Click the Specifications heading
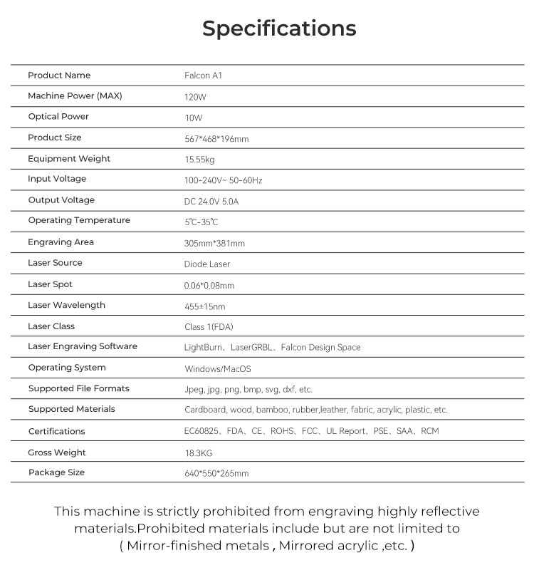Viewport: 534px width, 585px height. click(x=279, y=29)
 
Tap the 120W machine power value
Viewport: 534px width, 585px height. click(x=195, y=97)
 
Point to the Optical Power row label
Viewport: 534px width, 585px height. click(x=58, y=117)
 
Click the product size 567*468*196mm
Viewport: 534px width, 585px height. click(x=216, y=139)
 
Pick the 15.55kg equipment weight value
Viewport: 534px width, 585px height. click(x=199, y=160)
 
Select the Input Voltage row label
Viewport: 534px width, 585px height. click(x=57, y=179)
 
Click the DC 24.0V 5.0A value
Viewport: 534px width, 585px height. click(x=211, y=202)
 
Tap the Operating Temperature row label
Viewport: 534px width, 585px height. click(x=79, y=221)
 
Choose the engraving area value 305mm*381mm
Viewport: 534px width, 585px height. click(x=214, y=244)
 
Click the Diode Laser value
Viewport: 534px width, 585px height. click(x=207, y=264)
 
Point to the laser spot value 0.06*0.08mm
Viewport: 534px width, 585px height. click(x=209, y=286)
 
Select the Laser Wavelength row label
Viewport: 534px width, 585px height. click(x=66, y=306)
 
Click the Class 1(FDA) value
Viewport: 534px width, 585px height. click(x=209, y=327)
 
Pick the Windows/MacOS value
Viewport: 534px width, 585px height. click(x=218, y=369)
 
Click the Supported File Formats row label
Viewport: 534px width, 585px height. click(x=79, y=389)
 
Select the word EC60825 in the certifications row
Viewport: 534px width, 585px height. click(x=201, y=432)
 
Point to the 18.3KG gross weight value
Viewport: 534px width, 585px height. click(x=199, y=453)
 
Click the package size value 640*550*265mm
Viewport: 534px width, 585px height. click(x=216, y=474)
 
